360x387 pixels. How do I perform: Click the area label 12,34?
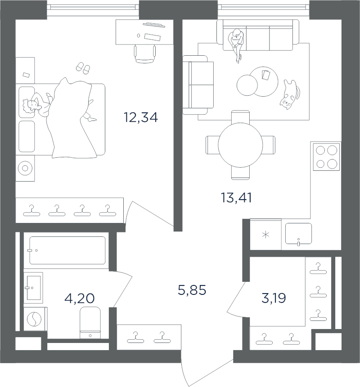[140, 117]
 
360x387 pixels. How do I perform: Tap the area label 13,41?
[236, 198]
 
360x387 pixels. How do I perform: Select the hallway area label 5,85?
[192, 290]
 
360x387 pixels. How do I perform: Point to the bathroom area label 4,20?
[79, 298]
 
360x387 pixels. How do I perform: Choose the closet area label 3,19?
[274, 298]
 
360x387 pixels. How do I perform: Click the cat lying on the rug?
[290, 94]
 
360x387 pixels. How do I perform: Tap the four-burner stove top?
[326, 157]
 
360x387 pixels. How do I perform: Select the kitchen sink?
[298, 234]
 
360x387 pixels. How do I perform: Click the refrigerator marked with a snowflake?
[265, 235]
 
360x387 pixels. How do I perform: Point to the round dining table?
[240, 145]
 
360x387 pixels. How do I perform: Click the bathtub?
[67, 250]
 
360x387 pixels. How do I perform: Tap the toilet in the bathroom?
[90, 323]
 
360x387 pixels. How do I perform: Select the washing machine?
[35, 319]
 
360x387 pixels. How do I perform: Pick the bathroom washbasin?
[33, 288]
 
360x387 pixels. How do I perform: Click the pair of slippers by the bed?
[83, 68]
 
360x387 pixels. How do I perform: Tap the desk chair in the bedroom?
[145, 54]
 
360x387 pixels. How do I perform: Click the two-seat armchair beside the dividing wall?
[198, 85]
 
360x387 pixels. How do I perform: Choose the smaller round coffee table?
[247, 85]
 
